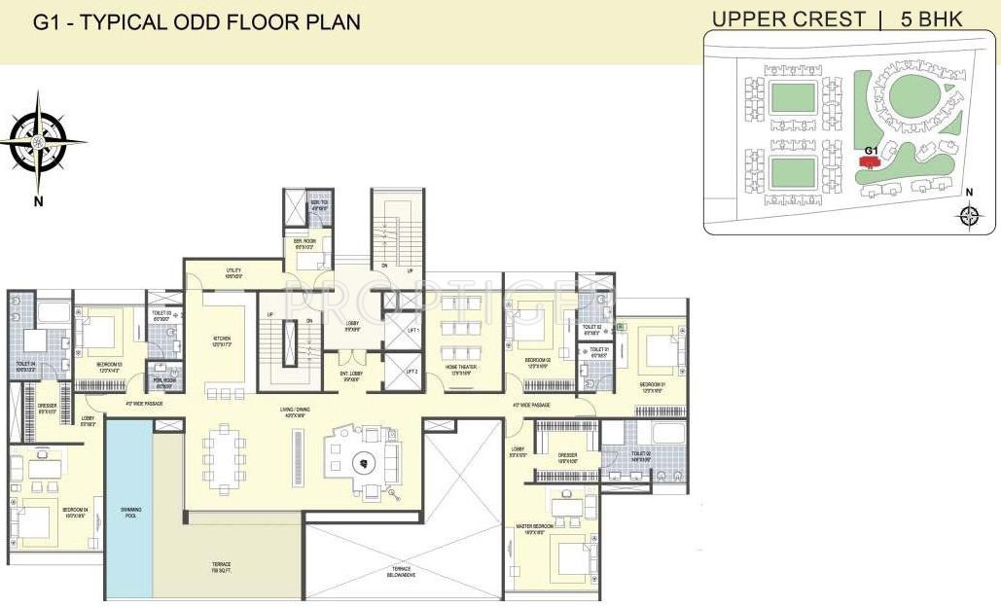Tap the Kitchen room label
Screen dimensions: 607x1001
point(222,341)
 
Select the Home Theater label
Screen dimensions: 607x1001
point(459,371)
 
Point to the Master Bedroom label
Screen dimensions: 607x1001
point(537,529)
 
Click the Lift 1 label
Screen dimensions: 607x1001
point(411,331)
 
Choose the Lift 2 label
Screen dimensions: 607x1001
point(411,372)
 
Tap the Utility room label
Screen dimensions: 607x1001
point(233,273)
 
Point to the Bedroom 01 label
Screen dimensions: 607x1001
point(652,386)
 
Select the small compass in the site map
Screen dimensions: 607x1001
point(969,216)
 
